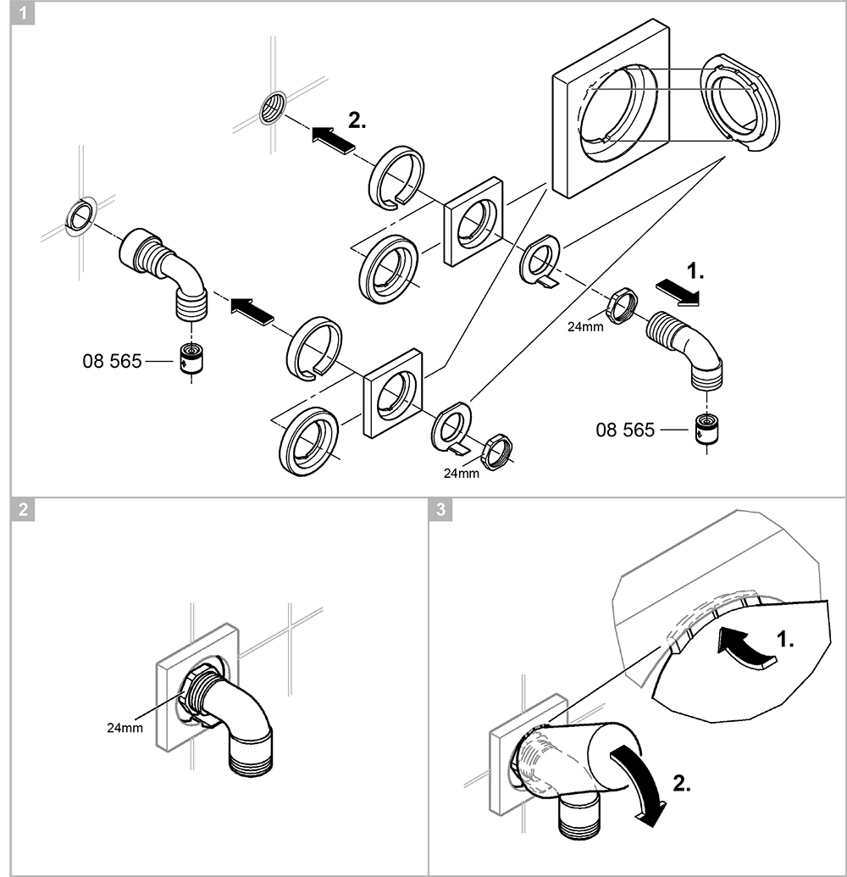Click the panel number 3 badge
coord(440,509)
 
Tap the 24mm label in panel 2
coord(124,727)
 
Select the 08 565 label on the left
coord(112,361)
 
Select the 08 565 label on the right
coord(625,430)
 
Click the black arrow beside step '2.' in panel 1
coord(331,138)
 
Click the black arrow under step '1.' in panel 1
coord(679,292)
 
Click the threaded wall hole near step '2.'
coord(273,108)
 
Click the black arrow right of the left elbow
coord(252,310)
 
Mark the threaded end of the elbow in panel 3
coord(581,821)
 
